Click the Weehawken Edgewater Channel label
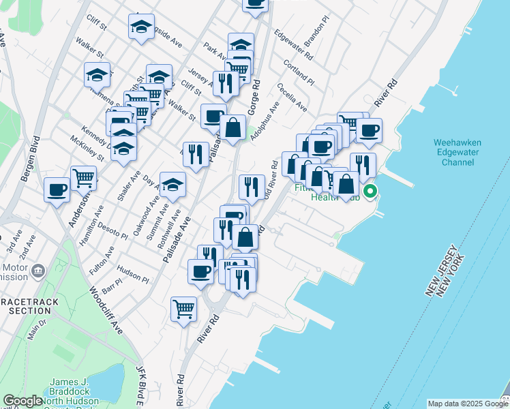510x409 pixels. coord(457,153)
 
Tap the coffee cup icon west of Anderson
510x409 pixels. coord(57,189)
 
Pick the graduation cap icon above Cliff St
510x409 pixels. coord(141,27)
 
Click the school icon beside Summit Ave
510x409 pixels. coord(172,184)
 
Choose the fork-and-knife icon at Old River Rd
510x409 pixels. coord(252,186)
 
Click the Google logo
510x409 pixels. coord(22,402)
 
